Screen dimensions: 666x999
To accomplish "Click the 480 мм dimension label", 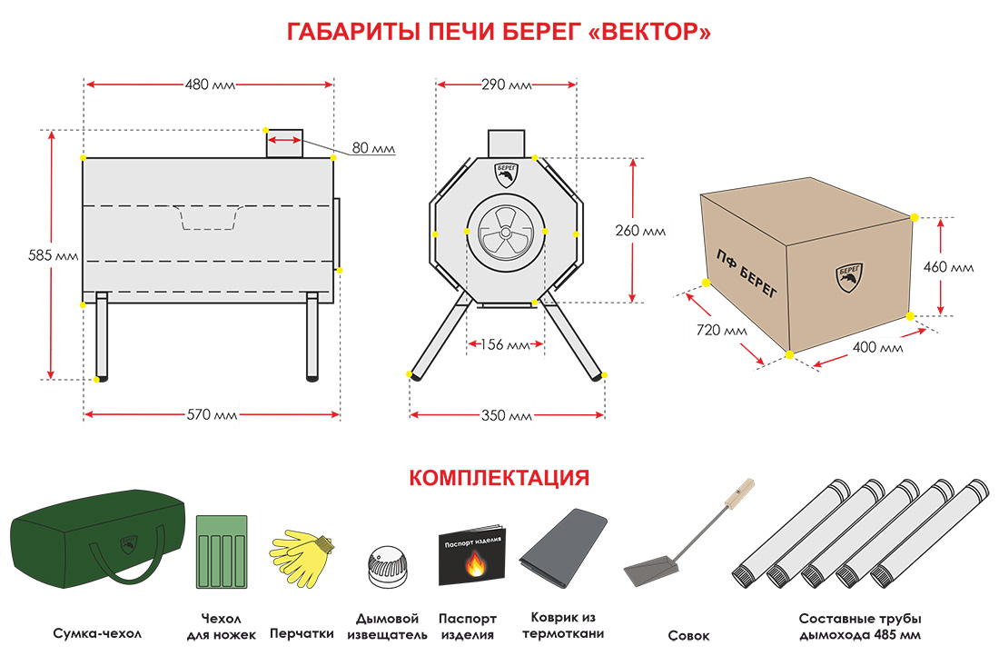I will point(210,85).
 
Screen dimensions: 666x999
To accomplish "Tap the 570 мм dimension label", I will point(212,415).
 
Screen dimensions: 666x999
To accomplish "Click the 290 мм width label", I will point(507,85).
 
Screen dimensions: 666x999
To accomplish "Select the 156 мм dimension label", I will point(506,345).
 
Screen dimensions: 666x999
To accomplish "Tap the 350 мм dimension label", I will point(507,415).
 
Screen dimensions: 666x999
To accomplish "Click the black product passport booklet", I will point(473,555).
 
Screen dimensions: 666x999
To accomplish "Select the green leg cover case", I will point(222,551).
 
